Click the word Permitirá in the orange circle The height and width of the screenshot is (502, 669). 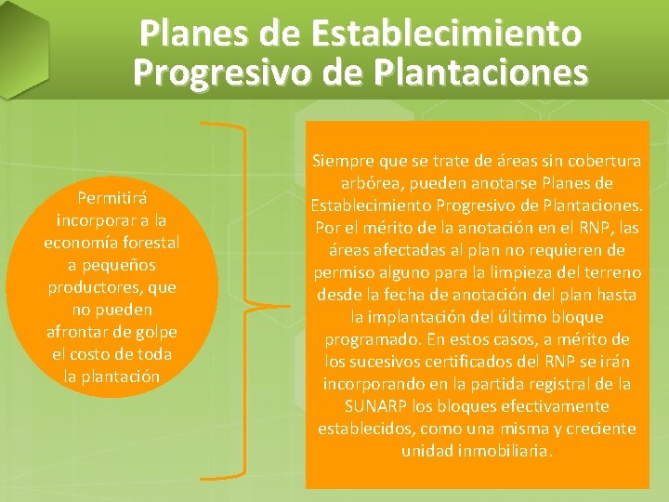coord(111,198)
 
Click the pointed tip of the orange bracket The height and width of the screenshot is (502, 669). coord(251,306)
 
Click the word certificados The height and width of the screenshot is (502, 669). coord(453,362)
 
